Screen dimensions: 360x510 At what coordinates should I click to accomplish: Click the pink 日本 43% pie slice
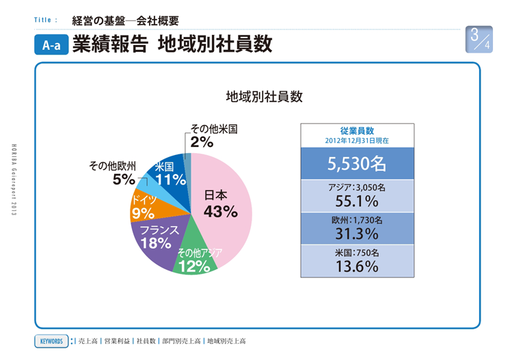(x=222, y=205)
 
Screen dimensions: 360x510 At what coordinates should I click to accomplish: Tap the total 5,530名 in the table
(x=357, y=164)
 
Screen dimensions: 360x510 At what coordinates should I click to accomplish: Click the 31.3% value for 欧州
(x=357, y=233)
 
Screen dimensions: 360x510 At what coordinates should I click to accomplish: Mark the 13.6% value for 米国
(x=357, y=265)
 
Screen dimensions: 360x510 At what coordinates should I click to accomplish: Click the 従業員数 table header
(x=357, y=130)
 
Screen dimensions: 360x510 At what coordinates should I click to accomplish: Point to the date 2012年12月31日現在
(x=357, y=140)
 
